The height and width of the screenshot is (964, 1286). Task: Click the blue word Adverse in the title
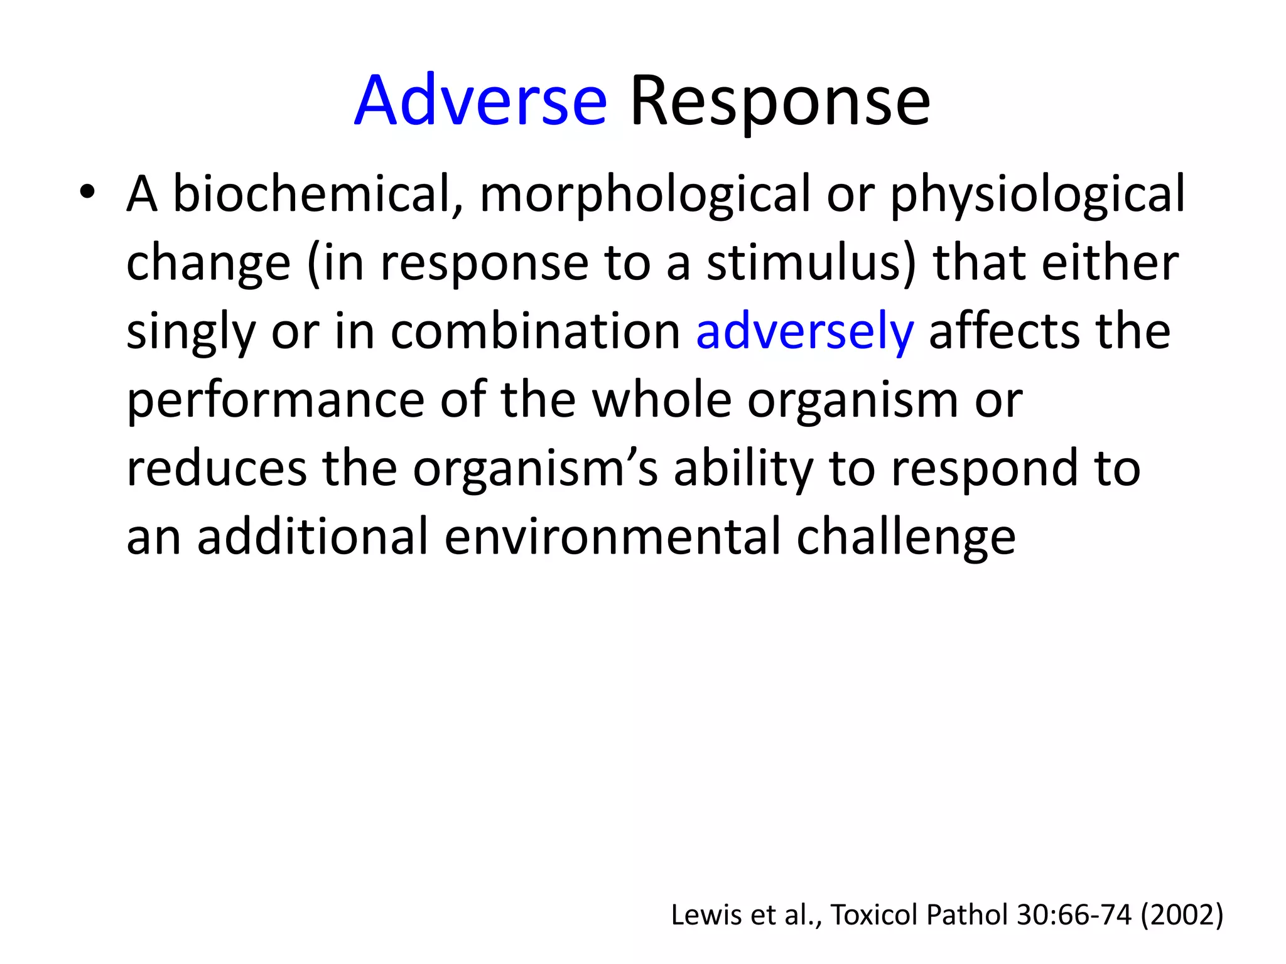point(480,102)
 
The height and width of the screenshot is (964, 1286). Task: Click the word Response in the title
point(779,102)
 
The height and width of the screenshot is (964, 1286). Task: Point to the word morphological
point(645,195)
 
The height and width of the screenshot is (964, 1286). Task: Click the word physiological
point(1037,195)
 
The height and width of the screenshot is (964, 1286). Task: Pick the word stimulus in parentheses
point(811,263)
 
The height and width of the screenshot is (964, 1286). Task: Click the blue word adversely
point(804,332)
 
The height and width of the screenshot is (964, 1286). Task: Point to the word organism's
point(535,469)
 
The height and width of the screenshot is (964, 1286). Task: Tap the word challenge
point(905,538)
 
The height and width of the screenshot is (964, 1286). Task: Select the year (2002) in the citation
point(1182,915)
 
